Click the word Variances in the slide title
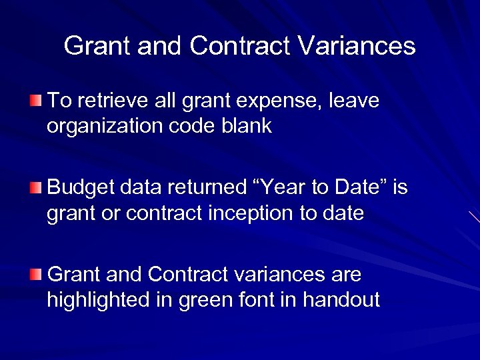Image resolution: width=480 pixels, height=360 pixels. [x=357, y=46]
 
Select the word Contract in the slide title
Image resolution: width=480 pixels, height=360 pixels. [x=239, y=46]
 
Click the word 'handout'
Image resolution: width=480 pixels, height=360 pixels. [x=341, y=300]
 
